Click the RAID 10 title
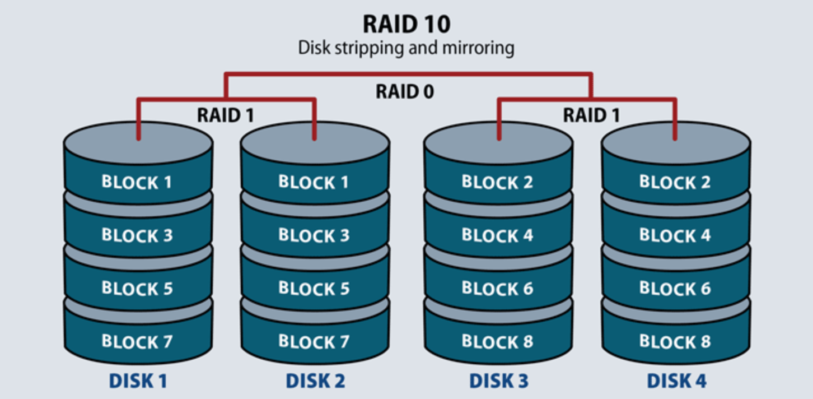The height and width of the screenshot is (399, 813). (x=406, y=24)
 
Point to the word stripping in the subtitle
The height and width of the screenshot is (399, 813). (x=368, y=49)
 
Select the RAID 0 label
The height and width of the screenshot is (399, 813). (x=405, y=91)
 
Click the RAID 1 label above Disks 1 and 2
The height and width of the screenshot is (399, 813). (x=226, y=115)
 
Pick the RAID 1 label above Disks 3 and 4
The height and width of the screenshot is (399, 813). (x=591, y=115)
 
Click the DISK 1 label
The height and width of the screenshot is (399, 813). (x=138, y=381)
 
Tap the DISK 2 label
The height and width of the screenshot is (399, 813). (x=315, y=381)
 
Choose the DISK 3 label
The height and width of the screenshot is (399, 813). (x=499, y=381)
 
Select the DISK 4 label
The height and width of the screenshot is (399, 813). (x=676, y=381)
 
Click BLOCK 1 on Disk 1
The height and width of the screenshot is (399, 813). (x=137, y=182)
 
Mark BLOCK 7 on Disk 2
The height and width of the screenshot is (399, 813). (x=314, y=341)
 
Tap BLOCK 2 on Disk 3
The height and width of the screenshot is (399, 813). (x=497, y=182)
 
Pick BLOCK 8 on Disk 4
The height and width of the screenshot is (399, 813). (x=675, y=341)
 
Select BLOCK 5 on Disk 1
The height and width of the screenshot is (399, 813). (x=137, y=288)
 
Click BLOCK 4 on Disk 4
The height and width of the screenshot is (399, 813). (x=675, y=235)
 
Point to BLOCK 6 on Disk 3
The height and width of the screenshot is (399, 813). (x=497, y=288)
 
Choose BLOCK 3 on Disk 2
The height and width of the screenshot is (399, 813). (x=314, y=235)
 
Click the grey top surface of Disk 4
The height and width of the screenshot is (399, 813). (x=676, y=143)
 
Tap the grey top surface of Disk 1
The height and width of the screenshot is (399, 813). (x=138, y=143)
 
